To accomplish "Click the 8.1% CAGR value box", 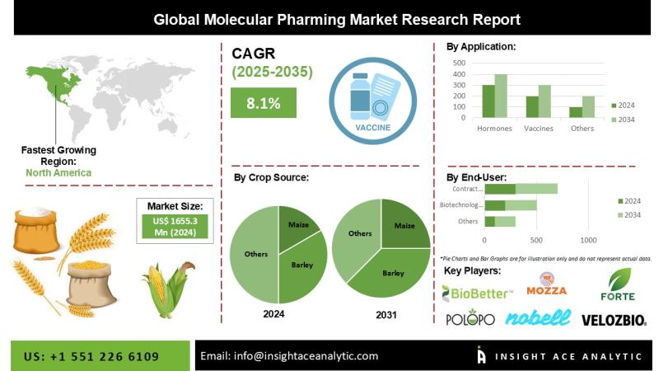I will tap(263, 103).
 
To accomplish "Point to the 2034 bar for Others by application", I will tap(587, 107).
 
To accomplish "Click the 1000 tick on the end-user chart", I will tap(588, 240).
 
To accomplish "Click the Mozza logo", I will tap(552, 285).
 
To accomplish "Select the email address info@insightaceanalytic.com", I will tap(289, 356).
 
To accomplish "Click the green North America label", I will tap(58, 173).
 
